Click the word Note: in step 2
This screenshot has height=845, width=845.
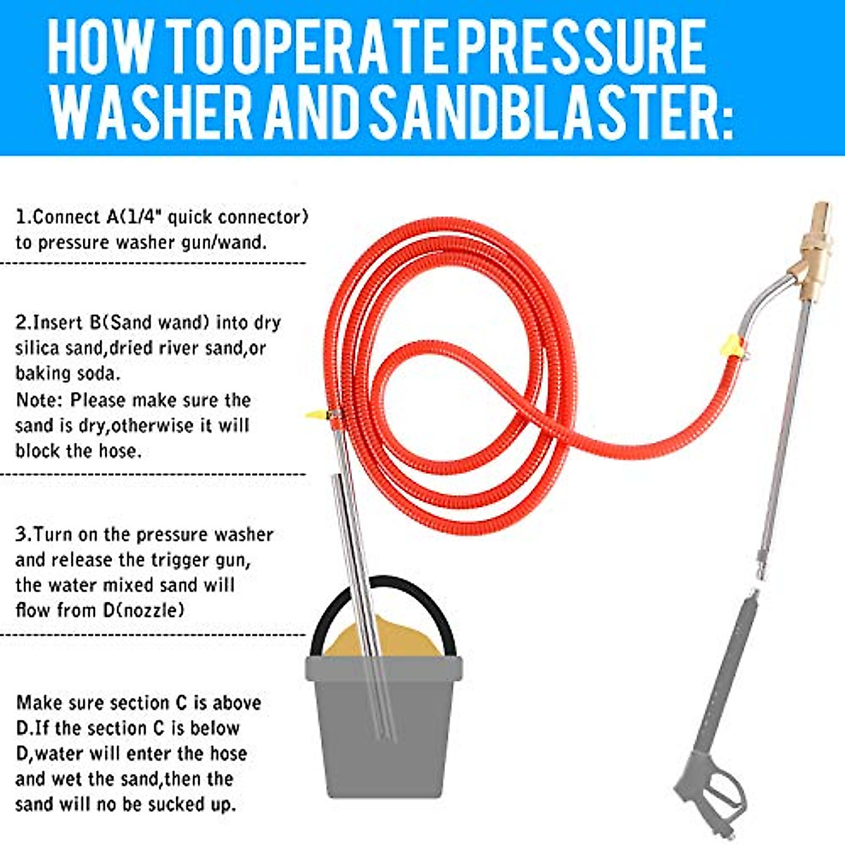(39, 400)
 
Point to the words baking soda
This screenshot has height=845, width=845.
(68, 373)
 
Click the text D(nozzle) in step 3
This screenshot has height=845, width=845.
(144, 610)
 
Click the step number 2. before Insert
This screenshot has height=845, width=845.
(23, 323)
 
